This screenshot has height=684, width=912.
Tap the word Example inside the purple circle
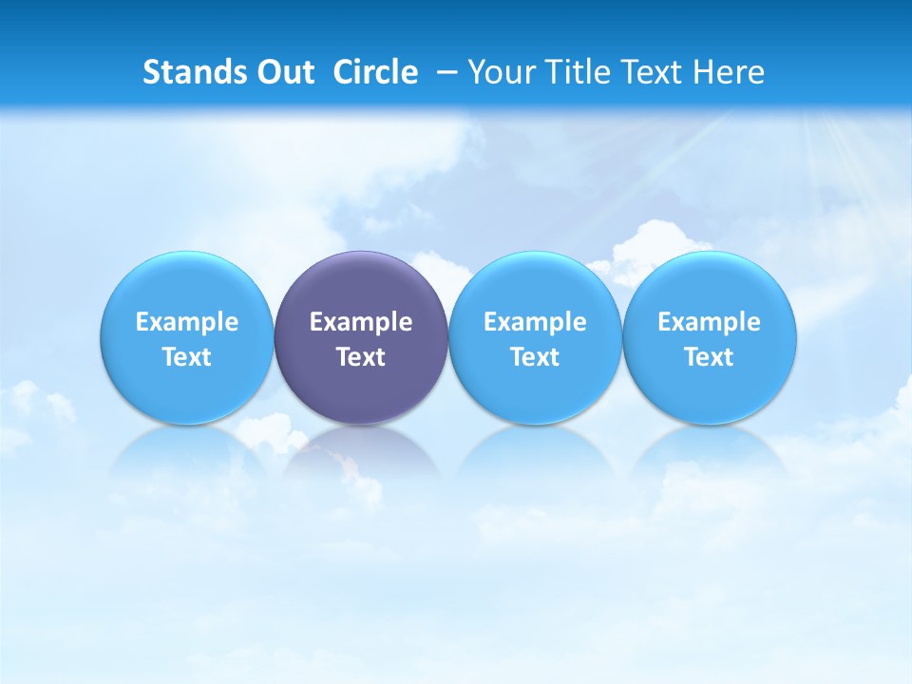(361, 322)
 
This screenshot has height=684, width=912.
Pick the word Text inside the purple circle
(361, 357)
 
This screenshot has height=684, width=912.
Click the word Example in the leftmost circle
(187, 322)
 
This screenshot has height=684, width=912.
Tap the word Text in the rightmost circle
(709, 357)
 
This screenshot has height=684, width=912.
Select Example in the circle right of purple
(535, 322)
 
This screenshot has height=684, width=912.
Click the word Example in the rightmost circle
(709, 322)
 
